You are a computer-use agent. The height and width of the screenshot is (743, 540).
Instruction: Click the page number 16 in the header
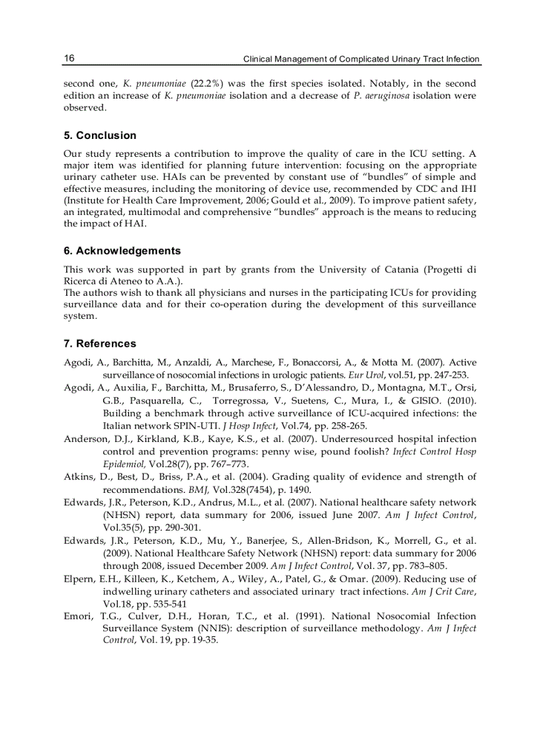pyautogui.click(x=69, y=58)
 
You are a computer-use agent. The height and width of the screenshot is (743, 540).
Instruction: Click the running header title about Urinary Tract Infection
pyautogui.click(x=361, y=59)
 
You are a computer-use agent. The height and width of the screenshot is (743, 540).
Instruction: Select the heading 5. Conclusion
pyautogui.click(x=100, y=136)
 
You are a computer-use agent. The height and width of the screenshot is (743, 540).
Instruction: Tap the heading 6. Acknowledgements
pyautogui.click(x=122, y=251)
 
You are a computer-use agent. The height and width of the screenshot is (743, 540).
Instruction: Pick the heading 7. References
pyautogui.click(x=100, y=343)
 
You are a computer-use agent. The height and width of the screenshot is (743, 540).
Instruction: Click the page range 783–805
pyautogui.click(x=422, y=566)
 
